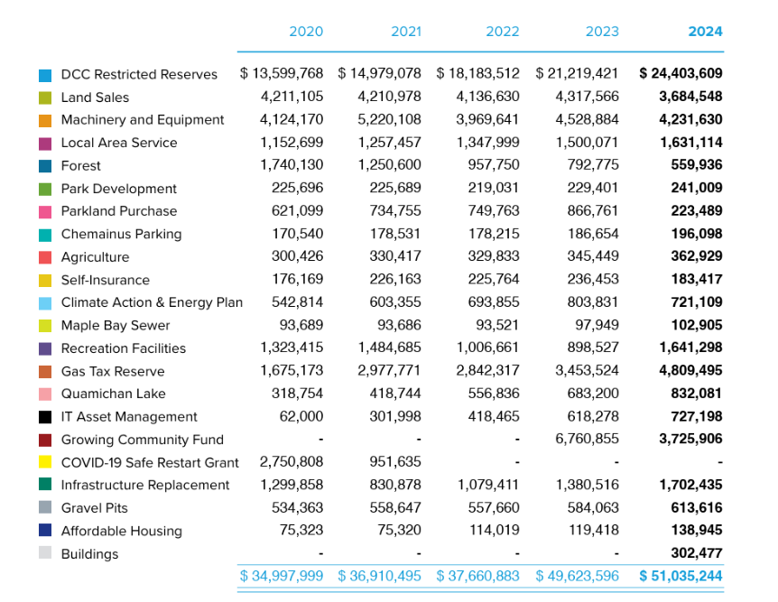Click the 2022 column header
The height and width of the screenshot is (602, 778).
(502, 32)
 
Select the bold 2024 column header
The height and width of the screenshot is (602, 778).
(705, 32)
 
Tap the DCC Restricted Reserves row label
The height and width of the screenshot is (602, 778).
(139, 74)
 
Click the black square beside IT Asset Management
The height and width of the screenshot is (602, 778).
(45, 417)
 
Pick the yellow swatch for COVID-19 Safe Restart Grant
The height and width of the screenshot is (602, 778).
(45, 462)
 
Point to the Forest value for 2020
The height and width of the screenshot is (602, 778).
(292, 165)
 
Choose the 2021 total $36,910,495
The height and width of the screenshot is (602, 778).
(380, 576)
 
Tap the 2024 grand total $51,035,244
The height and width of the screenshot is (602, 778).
(681, 576)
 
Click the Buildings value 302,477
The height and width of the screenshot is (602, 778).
(697, 553)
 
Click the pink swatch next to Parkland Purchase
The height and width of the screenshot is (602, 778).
(45, 211)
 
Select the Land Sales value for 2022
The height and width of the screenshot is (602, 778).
(488, 97)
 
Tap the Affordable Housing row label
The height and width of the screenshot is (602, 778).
(121, 531)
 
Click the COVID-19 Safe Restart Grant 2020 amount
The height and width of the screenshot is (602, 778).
(292, 462)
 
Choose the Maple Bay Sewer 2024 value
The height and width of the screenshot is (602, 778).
(697, 326)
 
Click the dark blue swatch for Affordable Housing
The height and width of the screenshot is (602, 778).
(45, 531)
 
